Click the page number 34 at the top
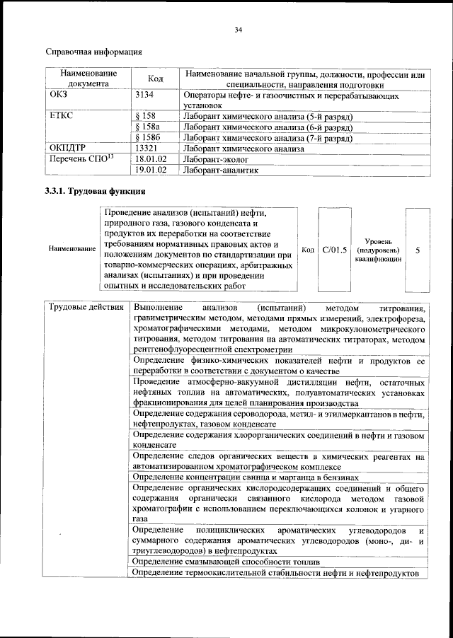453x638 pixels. tap(239, 29)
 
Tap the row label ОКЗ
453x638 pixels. tap(58, 94)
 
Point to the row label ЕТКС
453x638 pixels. tap(62, 115)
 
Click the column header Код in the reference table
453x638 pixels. tap(156, 78)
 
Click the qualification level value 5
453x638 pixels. tap(417, 250)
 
